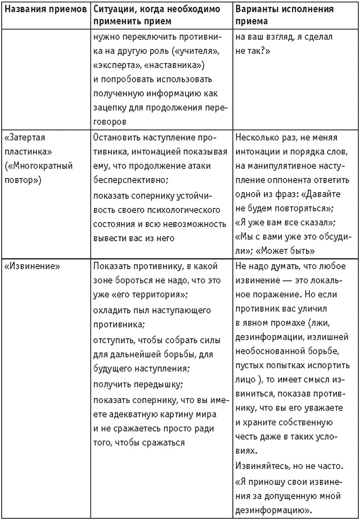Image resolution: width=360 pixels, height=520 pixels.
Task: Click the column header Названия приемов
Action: point(45,10)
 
